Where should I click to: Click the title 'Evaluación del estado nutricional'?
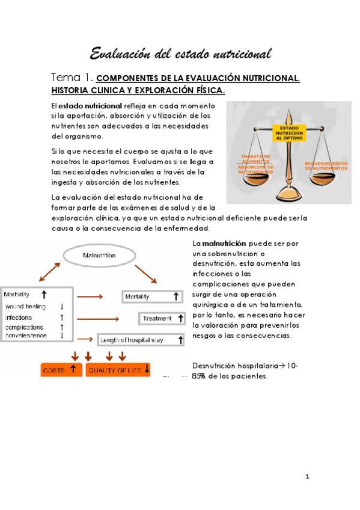180,54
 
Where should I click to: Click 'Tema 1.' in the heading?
72,78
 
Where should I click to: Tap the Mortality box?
153,296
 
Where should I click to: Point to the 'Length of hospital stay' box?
141,340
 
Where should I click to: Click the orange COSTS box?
61,369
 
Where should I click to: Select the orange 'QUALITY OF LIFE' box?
118,369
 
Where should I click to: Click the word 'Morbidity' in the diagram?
17,295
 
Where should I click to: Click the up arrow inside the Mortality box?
176,296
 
